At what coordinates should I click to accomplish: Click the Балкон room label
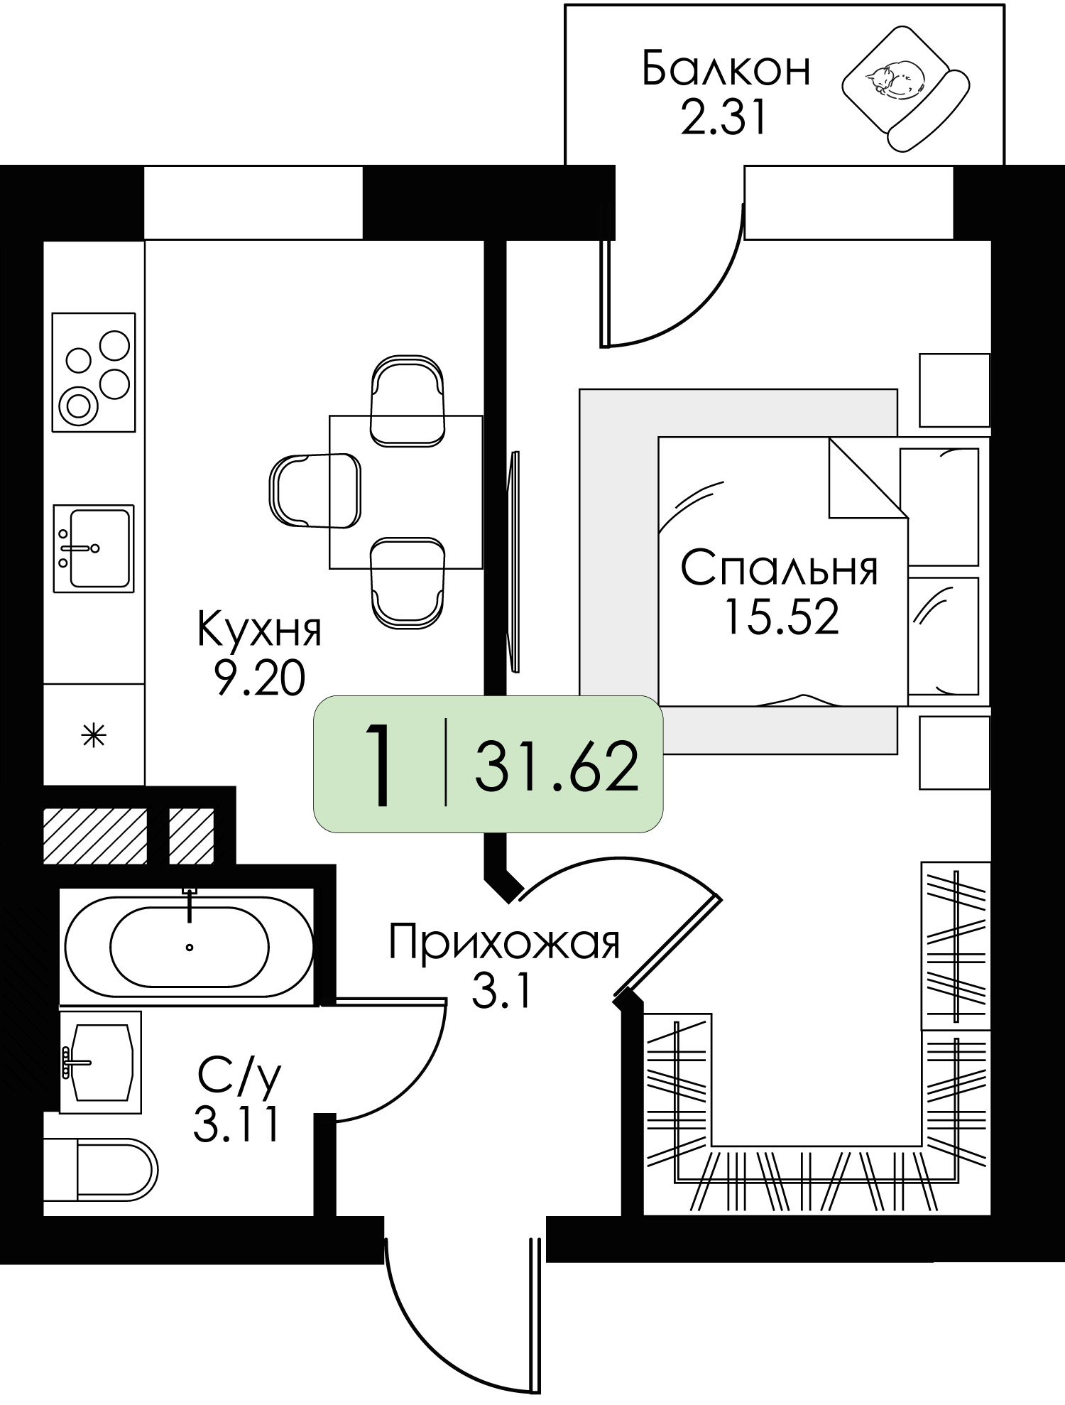click(x=726, y=70)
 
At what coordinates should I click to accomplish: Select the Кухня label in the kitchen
click(x=259, y=629)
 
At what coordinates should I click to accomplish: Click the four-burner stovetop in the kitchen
click(x=94, y=371)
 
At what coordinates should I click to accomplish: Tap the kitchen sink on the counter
click(x=94, y=548)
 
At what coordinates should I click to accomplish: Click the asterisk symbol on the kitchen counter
click(x=94, y=735)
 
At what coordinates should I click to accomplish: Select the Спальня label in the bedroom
click(x=780, y=568)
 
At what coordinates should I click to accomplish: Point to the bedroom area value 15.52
click(x=780, y=616)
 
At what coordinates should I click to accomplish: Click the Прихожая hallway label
click(x=505, y=943)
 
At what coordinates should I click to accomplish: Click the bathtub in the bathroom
click(x=188, y=945)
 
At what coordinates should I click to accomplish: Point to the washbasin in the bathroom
click(x=100, y=1062)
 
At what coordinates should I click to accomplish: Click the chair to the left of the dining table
click(x=315, y=491)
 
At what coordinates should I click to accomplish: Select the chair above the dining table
click(x=408, y=401)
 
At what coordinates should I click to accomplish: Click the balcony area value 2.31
click(x=723, y=117)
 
